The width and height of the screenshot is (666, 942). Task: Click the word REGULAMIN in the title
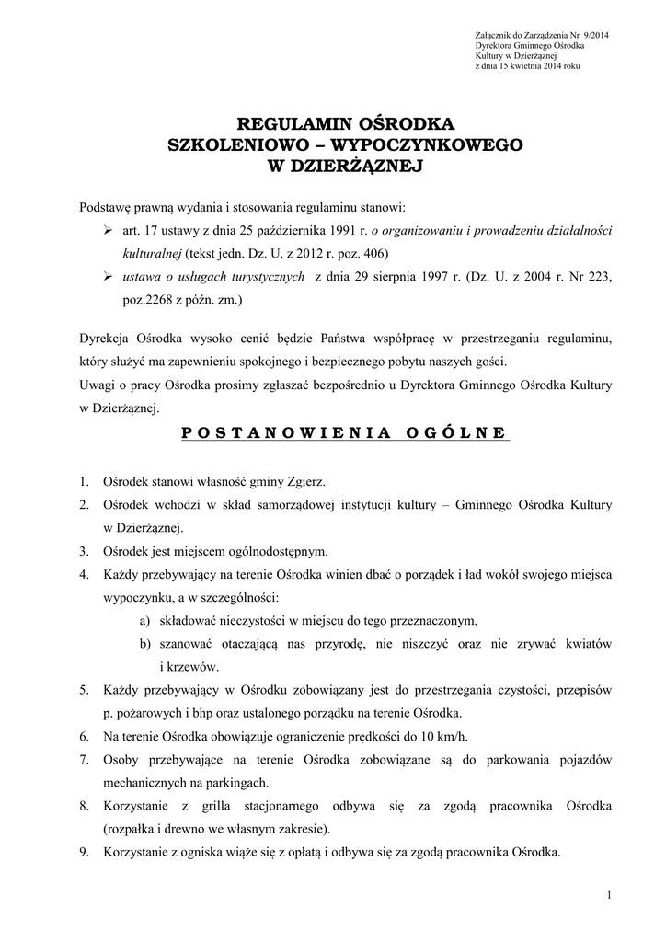tap(282, 124)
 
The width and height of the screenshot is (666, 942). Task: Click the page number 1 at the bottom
tap(610, 895)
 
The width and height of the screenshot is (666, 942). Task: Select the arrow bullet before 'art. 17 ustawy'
tap(107, 229)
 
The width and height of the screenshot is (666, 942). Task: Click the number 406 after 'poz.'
tap(374, 253)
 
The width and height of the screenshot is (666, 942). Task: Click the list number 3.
tap(83, 552)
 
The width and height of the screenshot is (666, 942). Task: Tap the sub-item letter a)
tap(145, 619)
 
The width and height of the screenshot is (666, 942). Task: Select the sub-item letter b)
tap(145, 643)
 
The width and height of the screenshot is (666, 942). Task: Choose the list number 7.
tap(83, 760)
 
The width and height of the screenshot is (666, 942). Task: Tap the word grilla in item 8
tap(231, 807)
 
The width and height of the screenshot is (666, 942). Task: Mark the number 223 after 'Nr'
tap(595, 277)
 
